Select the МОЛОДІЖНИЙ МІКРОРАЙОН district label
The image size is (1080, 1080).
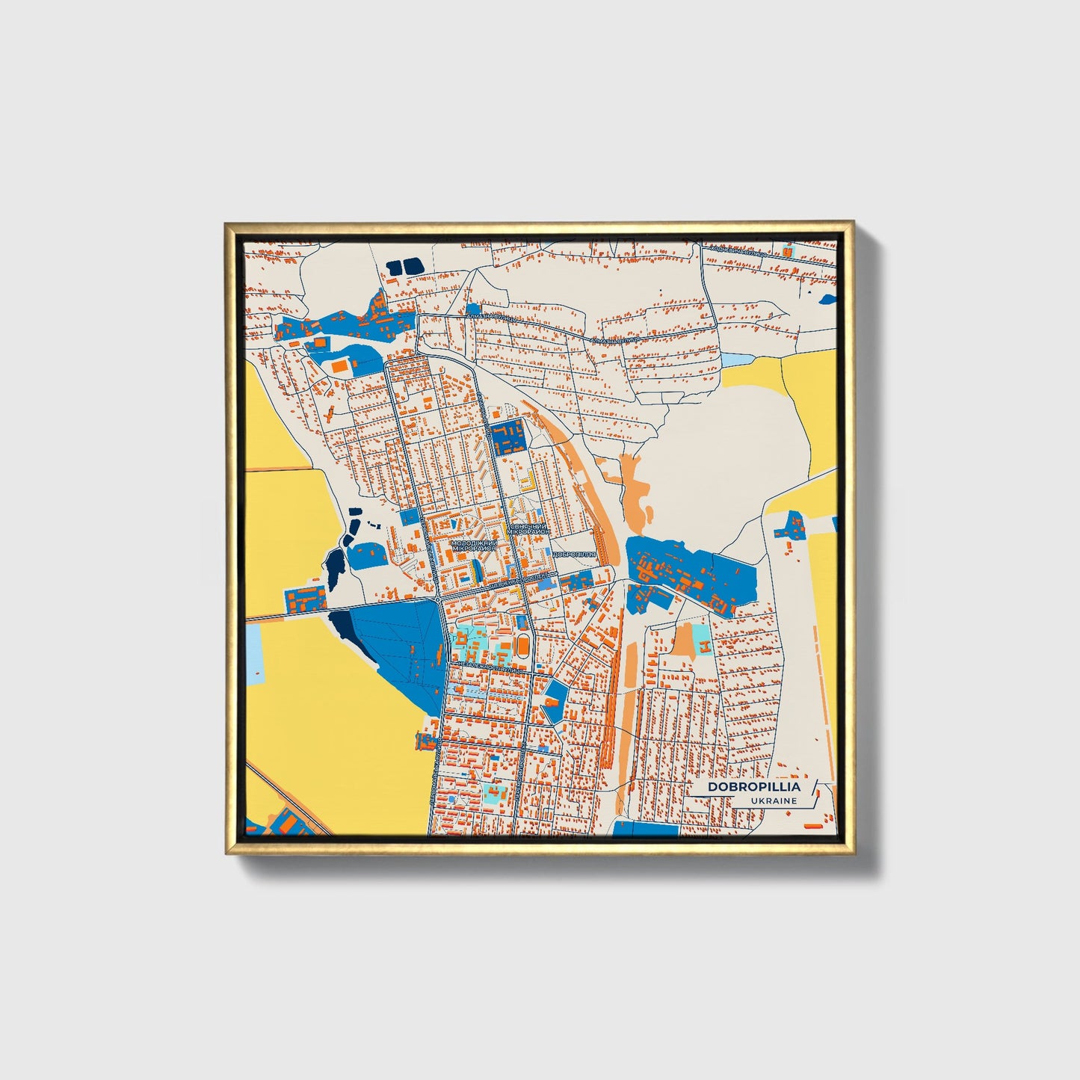click(x=474, y=545)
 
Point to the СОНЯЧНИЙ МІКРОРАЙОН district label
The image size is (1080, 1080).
click(x=529, y=528)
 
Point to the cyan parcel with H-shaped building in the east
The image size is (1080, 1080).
click(x=702, y=638)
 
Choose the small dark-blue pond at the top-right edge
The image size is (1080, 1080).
click(x=828, y=299)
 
